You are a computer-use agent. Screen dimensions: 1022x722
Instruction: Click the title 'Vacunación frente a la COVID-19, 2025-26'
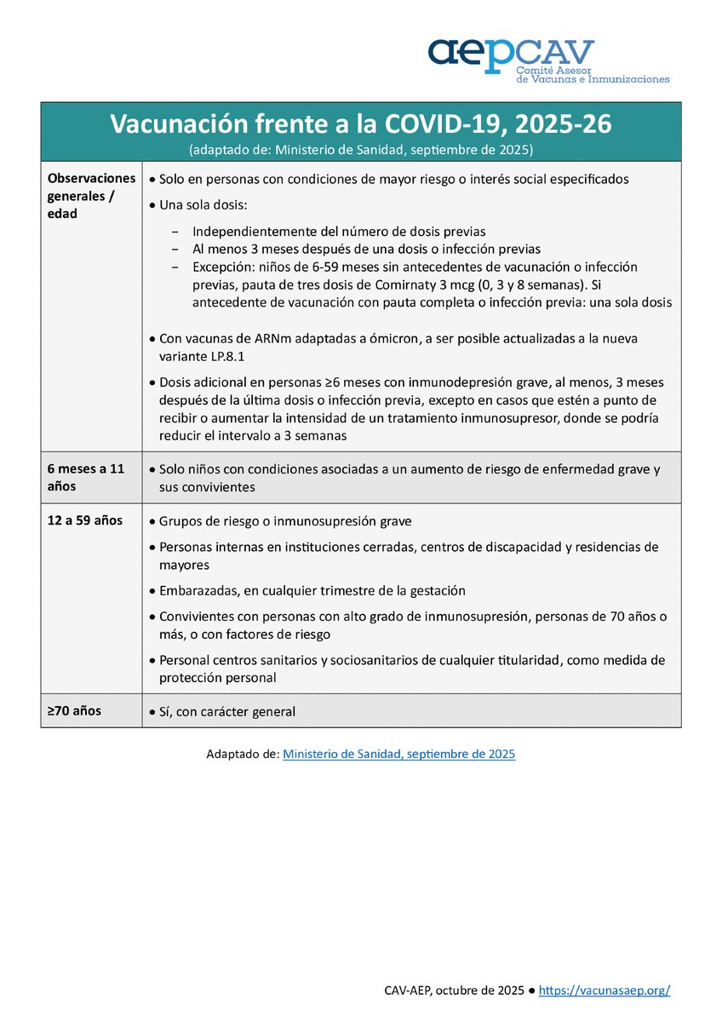pos(360,124)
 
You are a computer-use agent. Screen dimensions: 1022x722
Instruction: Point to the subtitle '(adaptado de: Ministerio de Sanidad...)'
pos(360,149)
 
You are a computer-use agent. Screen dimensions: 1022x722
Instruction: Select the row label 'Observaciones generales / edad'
pos(91,196)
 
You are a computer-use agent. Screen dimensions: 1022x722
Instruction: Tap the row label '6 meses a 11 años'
pos(86,477)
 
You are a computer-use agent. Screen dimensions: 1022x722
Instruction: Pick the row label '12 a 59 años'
pos(85,520)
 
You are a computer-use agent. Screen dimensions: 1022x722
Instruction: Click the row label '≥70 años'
pos(75,710)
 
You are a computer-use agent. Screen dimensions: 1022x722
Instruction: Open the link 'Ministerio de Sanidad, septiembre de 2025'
pos(398,754)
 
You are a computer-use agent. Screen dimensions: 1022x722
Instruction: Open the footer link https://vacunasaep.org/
pos(605,990)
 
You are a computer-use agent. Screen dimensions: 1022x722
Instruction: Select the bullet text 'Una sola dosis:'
pos(203,205)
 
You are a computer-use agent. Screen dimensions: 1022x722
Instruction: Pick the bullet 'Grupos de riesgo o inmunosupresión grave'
pos(285,521)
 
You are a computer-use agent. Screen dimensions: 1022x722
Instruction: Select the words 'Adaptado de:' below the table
pos(242,754)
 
